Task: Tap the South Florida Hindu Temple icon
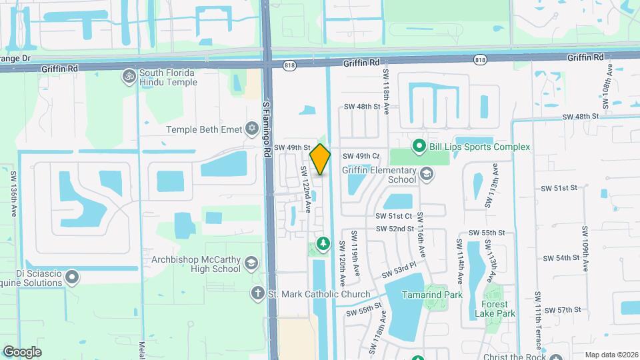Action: click(x=129, y=77)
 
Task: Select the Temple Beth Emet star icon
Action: click(x=251, y=127)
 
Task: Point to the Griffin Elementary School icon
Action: click(x=426, y=175)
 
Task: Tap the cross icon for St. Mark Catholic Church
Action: click(x=257, y=293)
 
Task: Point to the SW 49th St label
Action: click(x=293, y=147)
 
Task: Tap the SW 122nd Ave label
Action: click(x=306, y=189)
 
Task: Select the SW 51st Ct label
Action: click(x=394, y=216)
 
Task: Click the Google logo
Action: click(x=22, y=351)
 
